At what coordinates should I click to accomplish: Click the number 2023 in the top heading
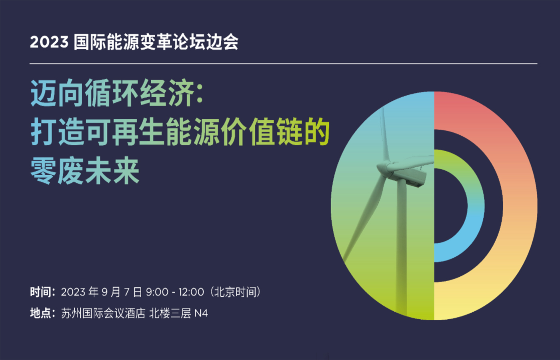[49, 42]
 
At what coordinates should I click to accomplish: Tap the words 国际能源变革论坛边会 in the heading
[156, 42]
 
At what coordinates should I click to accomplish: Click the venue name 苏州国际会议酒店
[103, 313]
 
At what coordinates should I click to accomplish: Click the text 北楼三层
[170, 313]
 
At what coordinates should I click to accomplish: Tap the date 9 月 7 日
[122, 292]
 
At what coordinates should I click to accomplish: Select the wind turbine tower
[402, 248]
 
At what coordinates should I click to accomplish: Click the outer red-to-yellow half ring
[520, 205]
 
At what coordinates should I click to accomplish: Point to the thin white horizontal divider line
[284, 64]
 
